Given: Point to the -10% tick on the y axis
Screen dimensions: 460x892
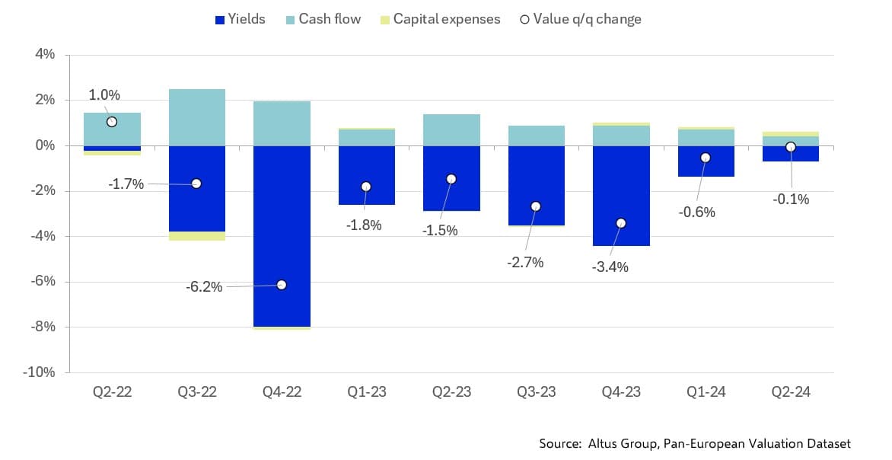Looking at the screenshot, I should pos(42,372).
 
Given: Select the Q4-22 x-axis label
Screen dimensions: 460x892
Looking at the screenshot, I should pos(282,392).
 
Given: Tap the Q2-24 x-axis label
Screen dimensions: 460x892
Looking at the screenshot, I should pos(790,392).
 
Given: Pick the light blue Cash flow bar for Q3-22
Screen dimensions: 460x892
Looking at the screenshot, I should pos(196,117).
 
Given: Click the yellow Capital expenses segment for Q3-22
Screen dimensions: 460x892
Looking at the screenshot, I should pos(196,236).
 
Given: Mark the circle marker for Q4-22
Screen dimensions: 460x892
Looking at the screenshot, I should pos(282,285).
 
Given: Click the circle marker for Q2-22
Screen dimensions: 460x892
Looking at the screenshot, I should pos(112,122).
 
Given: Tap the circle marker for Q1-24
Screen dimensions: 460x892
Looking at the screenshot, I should pos(706,158).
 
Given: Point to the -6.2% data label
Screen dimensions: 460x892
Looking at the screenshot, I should pos(204,287).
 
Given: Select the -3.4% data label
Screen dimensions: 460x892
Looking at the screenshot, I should pos(610,267).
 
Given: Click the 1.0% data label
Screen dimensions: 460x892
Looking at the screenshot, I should pos(104,95).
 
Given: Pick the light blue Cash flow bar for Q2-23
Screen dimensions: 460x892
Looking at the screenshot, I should pos(451,129).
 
